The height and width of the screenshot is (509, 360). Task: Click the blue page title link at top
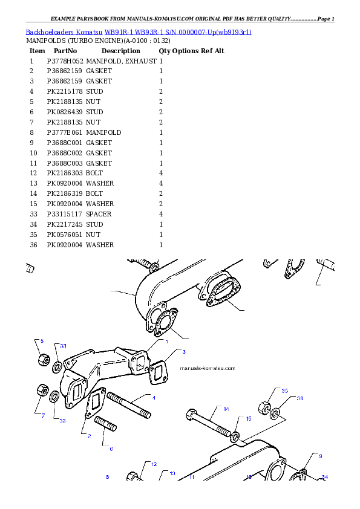point(139,31)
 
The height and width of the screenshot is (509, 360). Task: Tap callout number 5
point(42,342)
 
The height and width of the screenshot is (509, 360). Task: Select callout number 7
point(42,415)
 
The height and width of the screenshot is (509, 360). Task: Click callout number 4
point(154,398)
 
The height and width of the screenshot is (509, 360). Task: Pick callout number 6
point(111,449)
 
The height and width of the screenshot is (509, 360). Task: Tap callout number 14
point(226,409)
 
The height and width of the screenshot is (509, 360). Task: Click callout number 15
point(248,418)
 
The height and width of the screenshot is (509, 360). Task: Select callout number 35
point(284,391)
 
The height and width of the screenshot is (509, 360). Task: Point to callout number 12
point(154,464)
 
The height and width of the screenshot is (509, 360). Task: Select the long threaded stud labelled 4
point(129,406)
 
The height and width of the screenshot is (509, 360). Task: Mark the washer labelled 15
point(235,435)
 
